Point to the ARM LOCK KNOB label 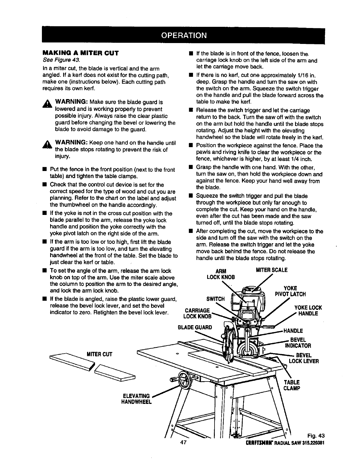click(221, 274)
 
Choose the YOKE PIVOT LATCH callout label click(290, 291)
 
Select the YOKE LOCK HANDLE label click(308, 310)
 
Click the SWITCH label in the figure click(216, 299)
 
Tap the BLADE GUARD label click(194, 327)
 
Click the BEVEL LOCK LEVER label click(304, 358)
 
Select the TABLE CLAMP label click(292, 385)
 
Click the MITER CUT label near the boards click(99, 354)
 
